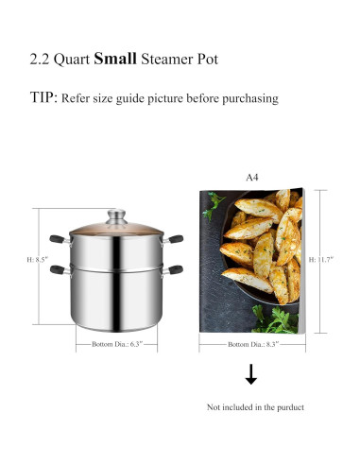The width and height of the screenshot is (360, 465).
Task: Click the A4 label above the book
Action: [252, 175]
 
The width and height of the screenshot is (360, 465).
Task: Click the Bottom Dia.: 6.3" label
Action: [111, 344]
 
